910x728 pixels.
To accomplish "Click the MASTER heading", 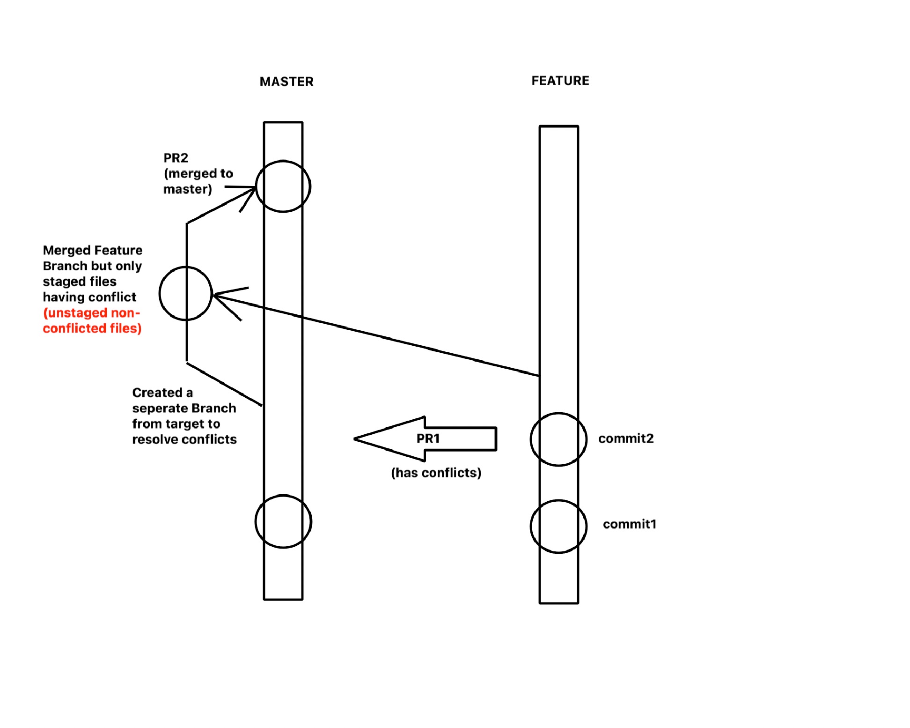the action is tap(286, 82).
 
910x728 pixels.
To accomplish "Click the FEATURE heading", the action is tap(560, 81).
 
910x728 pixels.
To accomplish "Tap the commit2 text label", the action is tap(626, 438).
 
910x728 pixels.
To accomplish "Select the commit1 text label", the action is tap(630, 524).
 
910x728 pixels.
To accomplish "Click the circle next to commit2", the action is tap(531, 439).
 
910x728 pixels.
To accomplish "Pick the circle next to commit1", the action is tap(531, 527).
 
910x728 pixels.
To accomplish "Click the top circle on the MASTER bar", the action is tap(257, 186).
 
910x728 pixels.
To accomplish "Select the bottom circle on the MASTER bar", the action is tap(256, 521).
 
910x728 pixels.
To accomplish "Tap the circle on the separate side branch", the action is tap(160, 294).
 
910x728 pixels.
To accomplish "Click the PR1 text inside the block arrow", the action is tap(428, 438).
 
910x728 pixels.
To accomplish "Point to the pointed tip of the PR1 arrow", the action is tap(354, 439).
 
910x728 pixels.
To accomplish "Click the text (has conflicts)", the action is tap(436, 473).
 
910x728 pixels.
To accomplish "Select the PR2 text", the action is tap(176, 158).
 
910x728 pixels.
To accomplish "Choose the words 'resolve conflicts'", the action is tap(184, 439).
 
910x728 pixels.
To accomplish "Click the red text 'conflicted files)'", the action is tap(92, 328).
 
